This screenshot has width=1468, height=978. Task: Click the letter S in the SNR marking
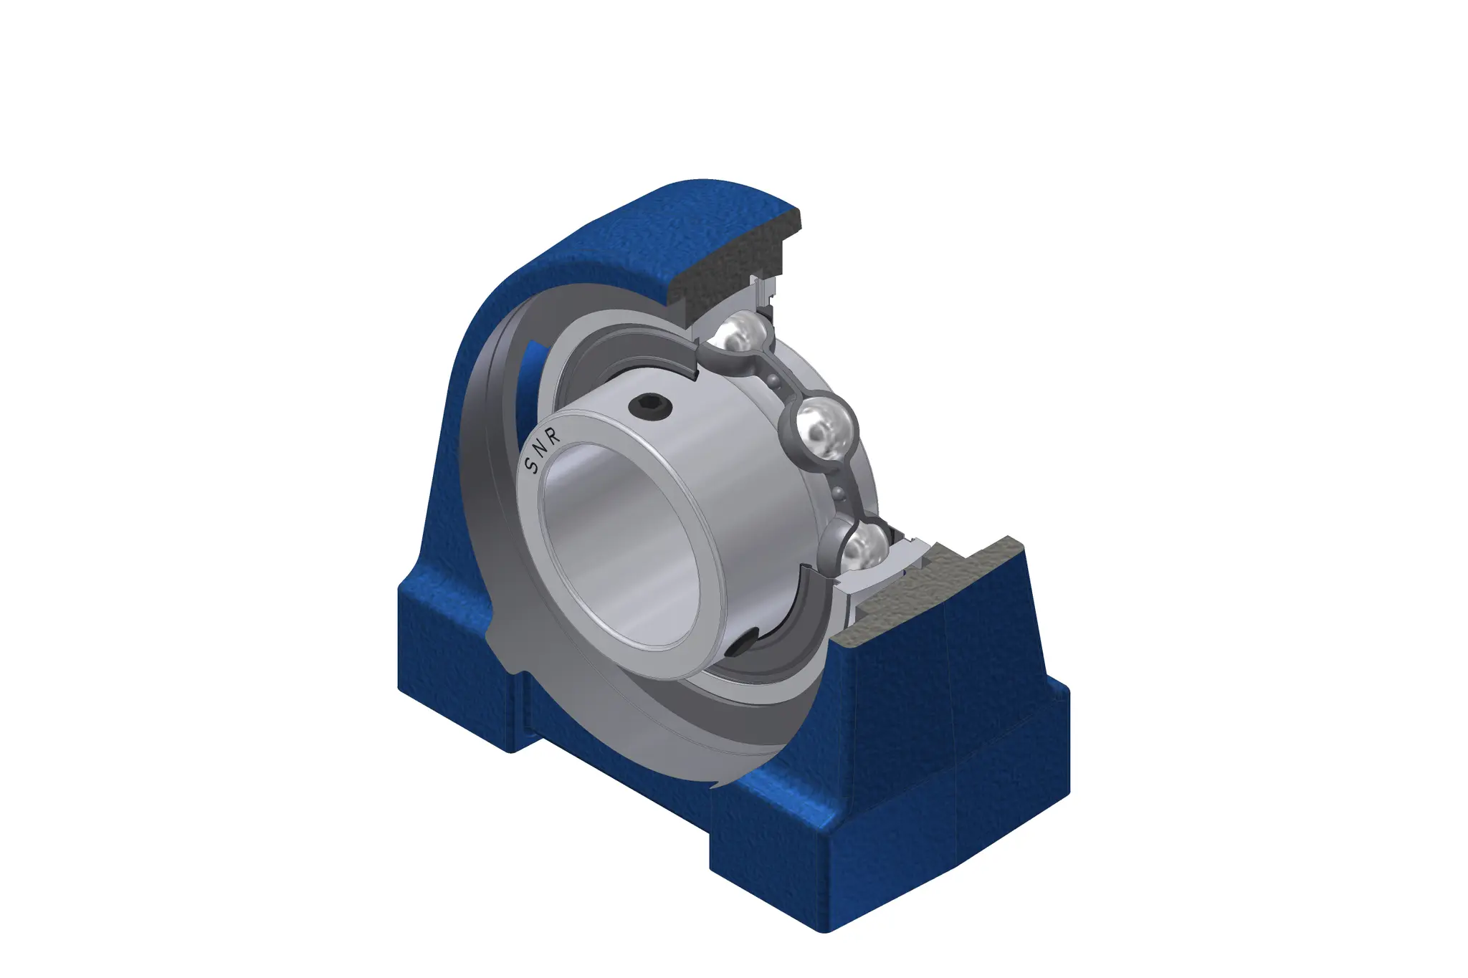point(533,466)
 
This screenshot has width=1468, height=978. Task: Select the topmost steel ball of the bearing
point(741,334)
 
